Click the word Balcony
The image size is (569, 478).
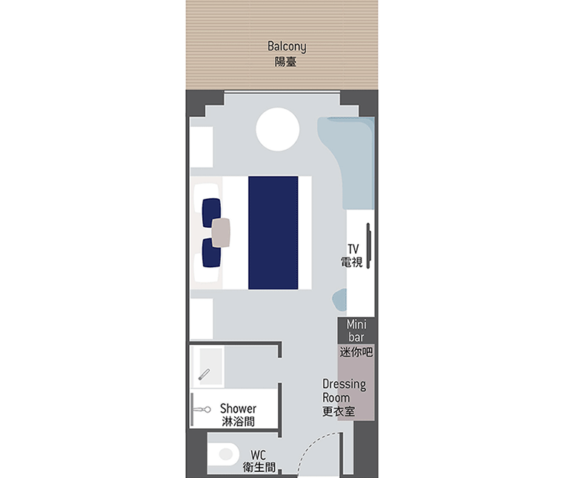point(287,47)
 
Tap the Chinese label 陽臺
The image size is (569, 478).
point(285,62)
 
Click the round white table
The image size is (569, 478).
point(278,129)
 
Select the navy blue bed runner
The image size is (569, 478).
point(273,232)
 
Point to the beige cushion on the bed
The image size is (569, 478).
point(221,232)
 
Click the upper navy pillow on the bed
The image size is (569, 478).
point(211,212)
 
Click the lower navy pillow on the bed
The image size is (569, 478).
point(211,252)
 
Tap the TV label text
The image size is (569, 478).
point(353,249)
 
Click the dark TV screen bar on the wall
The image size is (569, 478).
point(368,246)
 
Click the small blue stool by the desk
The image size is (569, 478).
point(340,300)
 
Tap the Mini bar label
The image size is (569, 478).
point(356,330)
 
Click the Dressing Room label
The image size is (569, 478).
point(344,390)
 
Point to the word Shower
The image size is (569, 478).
point(238,408)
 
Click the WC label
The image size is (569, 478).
point(258,455)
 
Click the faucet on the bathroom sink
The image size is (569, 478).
point(204,374)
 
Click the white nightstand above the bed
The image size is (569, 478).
point(202,147)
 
